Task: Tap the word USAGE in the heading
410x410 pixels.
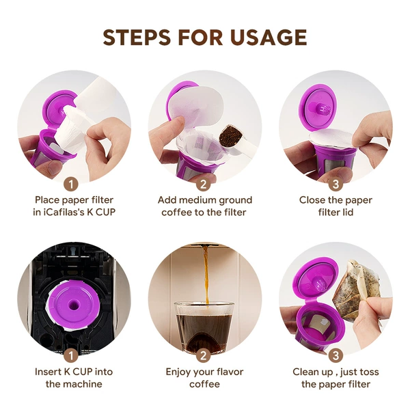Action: (x=269, y=37)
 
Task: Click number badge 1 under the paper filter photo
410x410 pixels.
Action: (x=71, y=184)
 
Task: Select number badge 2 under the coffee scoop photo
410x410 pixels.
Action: (x=204, y=184)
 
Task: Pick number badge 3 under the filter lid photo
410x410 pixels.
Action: (x=336, y=184)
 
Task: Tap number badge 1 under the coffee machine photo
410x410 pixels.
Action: (x=71, y=355)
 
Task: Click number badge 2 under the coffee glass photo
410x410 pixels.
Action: (x=204, y=355)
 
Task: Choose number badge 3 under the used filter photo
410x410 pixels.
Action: (x=336, y=355)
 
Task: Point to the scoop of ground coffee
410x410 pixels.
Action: (x=230, y=137)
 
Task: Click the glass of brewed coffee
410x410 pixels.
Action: (x=204, y=327)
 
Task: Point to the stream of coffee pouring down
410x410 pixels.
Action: (x=206, y=275)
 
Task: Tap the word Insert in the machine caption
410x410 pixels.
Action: (x=48, y=372)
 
